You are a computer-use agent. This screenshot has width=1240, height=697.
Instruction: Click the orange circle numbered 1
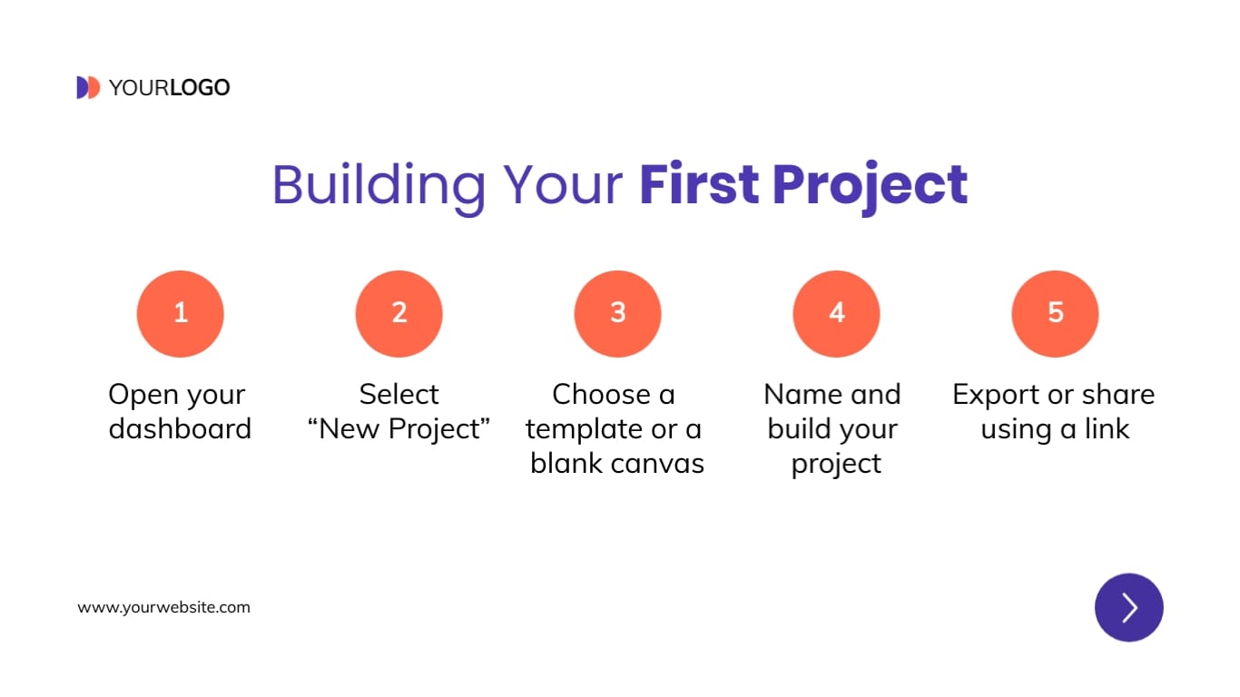[180, 313]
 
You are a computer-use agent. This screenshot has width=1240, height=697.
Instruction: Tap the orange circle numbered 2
[399, 313]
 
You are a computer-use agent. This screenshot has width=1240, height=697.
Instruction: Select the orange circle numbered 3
[617, 313]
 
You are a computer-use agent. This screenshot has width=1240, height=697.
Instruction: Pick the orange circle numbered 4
[836, 313]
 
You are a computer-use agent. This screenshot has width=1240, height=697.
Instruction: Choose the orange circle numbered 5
[1055, 313]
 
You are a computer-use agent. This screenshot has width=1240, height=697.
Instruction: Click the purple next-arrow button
[1128, 607]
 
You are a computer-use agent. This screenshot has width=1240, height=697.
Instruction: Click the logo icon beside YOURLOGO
[88, 87]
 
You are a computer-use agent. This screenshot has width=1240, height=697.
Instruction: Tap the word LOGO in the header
[200, 88]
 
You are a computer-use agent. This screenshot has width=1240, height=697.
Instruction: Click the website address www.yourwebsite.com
[163, 607]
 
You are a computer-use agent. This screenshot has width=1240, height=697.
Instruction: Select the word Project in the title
[870, 184]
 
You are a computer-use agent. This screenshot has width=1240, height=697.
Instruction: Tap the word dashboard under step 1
[180, 428]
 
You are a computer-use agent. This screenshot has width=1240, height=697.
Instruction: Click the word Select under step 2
[399, 394]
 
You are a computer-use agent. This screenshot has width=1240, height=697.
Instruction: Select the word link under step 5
[1107, 428]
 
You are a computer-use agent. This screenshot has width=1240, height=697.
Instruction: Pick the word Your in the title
[563, 184]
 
